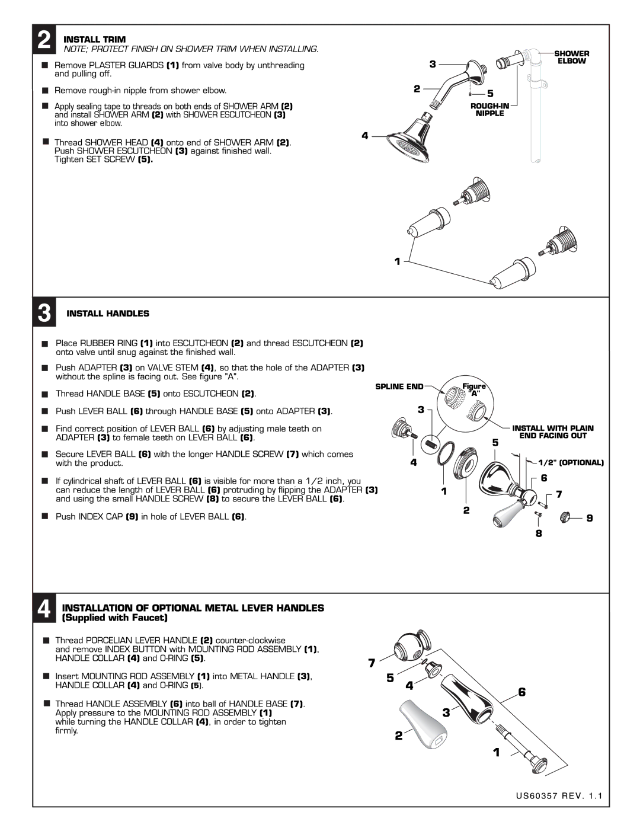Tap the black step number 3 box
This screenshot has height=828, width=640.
click(44, 312)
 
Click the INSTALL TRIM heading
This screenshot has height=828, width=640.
click(94, 39)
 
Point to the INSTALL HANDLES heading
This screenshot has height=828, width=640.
click(108, 314)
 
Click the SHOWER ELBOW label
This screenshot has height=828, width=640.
click(571, 57)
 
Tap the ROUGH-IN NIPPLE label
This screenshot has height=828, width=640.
click(489, 110)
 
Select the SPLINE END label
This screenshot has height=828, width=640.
click(399, 386)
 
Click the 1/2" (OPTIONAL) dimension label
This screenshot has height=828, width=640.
click(571, 462)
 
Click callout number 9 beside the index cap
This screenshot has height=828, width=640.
click(589, 518)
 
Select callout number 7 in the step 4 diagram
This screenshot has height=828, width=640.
click(372, 663)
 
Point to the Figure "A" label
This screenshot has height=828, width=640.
click(474, 389)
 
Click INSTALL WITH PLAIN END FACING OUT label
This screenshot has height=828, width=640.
click(553, 431)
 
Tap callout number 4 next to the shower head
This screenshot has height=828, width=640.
click(365, 136)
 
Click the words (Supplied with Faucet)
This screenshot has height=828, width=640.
click(115, 618)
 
